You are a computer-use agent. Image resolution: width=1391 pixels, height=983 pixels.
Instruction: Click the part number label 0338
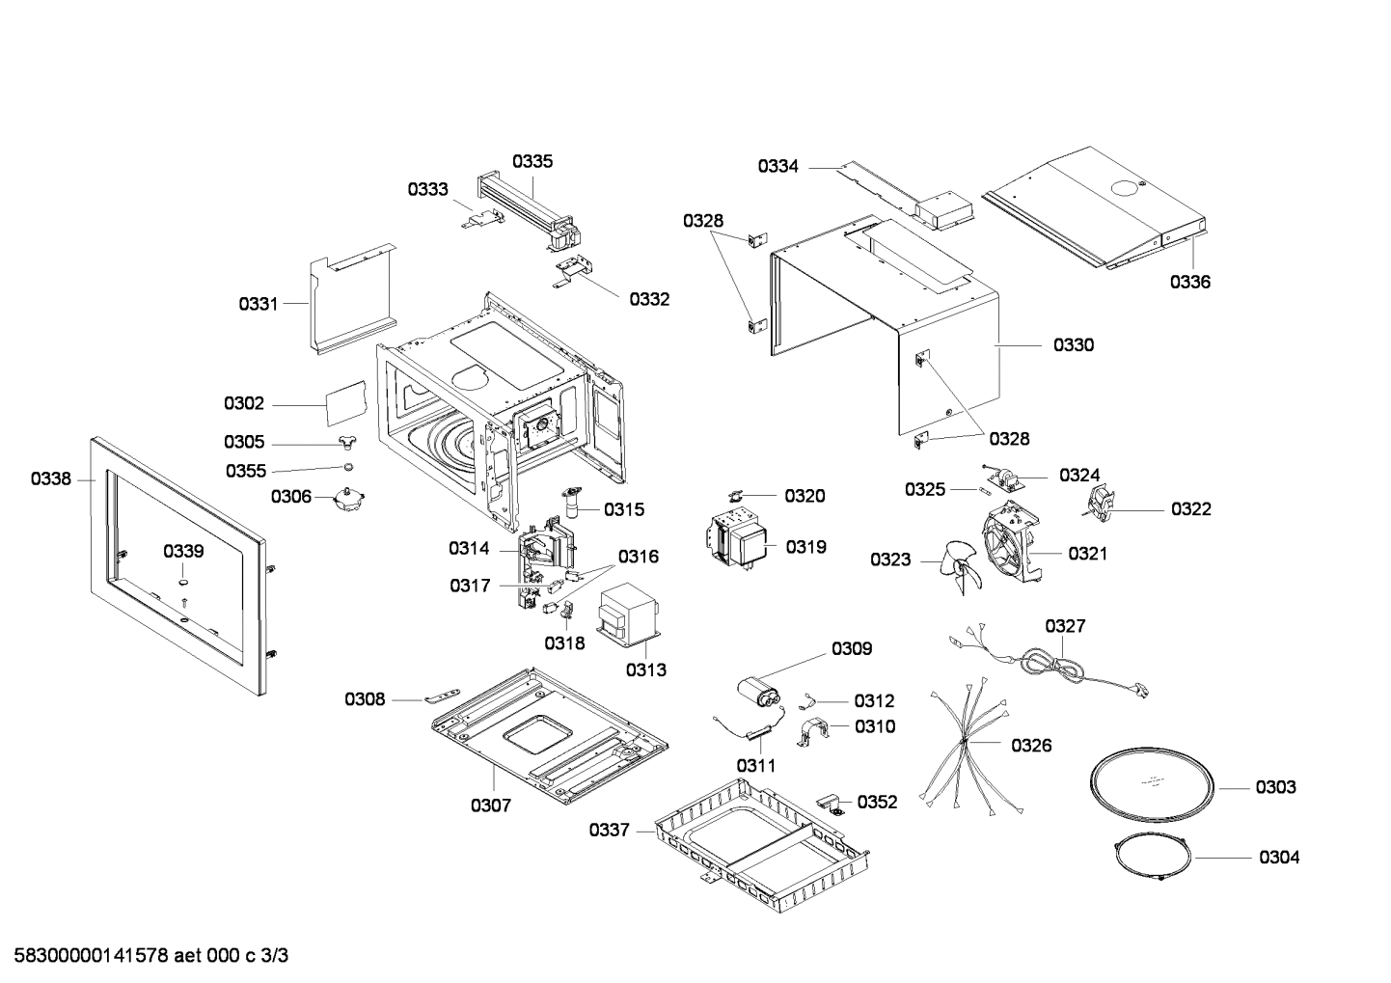pyautogui.click(x=50, y=478)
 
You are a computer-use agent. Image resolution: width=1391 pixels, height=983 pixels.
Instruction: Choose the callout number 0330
pyautogui.click(x=1074, y=344)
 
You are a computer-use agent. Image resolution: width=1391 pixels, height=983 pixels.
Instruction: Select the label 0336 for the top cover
pyautogui.click(x=1190, y=282)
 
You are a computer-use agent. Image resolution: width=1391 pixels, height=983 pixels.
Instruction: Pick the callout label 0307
pyautogui.click(x=490, y=805)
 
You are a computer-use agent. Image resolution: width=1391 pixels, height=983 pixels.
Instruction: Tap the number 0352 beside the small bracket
pyautogui.click(x=877, y=802)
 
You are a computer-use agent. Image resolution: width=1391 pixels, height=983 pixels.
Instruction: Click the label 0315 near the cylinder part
pyautogui.click(x=624, y=509)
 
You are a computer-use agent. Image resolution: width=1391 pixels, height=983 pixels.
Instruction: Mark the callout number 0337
pyautogui.click(x=610, y=830)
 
